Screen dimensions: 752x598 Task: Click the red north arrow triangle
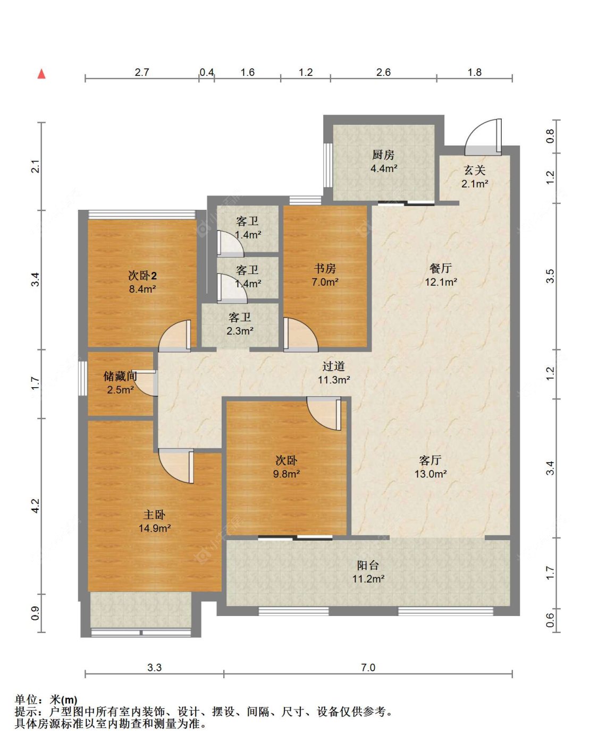tap(41, 74)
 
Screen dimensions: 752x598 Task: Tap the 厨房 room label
tap(383, 155)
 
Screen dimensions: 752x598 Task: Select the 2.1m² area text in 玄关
tap(475, 184)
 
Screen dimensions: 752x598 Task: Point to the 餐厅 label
tap(441, 268)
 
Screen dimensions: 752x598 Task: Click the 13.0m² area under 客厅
tap(430, 474)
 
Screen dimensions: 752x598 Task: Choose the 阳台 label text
tap(368, 565)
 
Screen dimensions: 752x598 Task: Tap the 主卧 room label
tap(154, 515)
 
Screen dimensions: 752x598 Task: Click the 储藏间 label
tap(120, 376)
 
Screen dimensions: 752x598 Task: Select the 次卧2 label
tap(142, 276)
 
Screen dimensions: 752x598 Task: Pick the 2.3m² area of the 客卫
tap(240, 331)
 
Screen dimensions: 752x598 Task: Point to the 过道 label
tap(333, 366)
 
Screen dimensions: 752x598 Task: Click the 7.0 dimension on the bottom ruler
tap(368, 668)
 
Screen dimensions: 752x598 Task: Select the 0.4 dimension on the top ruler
tap(207, 72)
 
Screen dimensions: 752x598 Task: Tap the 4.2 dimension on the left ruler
tap(35, 505)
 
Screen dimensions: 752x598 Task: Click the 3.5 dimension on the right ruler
tap(550, 276)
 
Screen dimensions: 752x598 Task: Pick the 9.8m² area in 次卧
tap(287, 474)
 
